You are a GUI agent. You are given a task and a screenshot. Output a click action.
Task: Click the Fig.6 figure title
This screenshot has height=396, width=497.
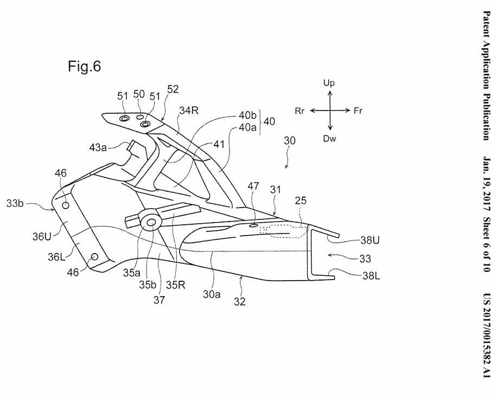[84, 67]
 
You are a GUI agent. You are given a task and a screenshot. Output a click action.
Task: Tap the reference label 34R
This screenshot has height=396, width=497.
[189, 111]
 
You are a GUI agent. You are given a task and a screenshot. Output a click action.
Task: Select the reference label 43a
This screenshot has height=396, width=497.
[98, 147]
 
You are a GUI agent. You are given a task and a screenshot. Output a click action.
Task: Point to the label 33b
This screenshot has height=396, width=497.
[15, 203]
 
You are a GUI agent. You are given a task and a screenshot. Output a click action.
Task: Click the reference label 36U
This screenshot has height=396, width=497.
[42, 236]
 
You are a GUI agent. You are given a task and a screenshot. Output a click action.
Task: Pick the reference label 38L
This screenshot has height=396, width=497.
[371, 276]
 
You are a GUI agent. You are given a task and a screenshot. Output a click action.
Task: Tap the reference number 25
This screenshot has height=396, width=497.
[301, 200]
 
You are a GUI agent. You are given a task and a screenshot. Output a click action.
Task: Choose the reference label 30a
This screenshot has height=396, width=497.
[212, 294]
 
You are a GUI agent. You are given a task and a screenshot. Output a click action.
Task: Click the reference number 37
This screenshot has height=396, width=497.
[159, 300]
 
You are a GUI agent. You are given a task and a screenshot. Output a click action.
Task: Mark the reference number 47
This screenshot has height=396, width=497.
[253, 186]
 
